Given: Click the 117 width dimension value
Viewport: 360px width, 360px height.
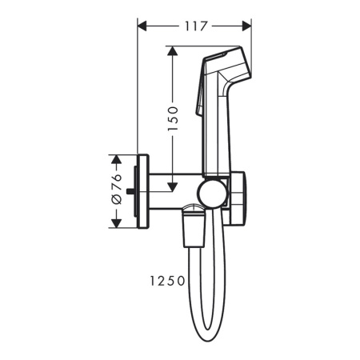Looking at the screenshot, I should point(194,26).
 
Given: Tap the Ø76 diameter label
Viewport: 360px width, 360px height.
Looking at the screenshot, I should point(117,190).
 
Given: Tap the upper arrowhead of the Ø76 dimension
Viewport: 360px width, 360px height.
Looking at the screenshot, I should point(117,158).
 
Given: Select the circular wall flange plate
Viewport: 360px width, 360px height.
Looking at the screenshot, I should point(145,190).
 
